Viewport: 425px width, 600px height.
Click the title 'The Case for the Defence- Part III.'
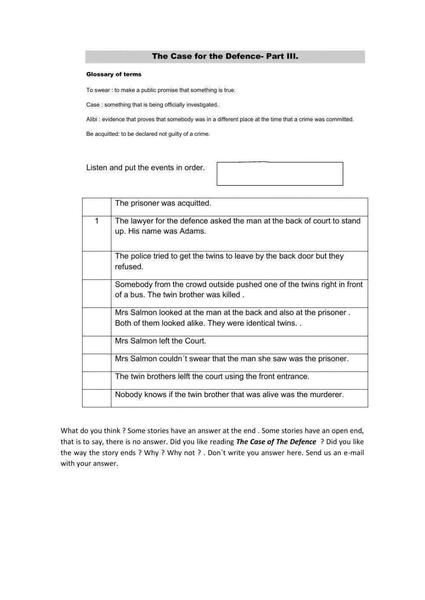(225, 56)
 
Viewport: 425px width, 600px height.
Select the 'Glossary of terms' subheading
(113, 74)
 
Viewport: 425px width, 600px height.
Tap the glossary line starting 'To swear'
(161, 90)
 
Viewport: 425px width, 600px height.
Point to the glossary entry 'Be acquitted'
(148, 134)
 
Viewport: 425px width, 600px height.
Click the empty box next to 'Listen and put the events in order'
(280, 174)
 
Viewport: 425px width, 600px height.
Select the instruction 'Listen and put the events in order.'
(145, 168)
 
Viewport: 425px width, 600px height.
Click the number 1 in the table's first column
(97, 221)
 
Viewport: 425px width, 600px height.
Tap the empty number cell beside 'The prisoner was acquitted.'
(97, 207)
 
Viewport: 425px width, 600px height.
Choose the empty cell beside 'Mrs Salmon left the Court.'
(97, 345)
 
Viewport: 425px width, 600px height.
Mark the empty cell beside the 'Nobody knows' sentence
(97, 398)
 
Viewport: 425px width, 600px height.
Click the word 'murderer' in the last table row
(326, 395)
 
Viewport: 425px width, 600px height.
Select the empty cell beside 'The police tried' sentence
(97, 265)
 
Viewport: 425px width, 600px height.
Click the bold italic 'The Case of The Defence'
(276, 442)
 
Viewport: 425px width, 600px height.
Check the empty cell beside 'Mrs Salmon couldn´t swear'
(97, 363)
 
